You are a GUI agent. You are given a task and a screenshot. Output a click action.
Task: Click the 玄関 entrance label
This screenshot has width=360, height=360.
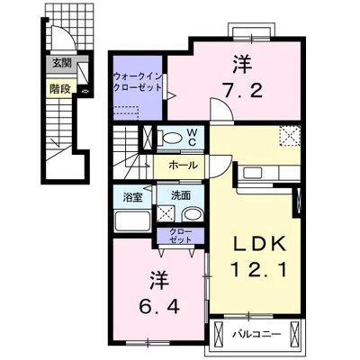[x=62, y=63]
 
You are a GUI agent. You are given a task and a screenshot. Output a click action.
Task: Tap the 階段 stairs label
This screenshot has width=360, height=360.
[x=60, y=89]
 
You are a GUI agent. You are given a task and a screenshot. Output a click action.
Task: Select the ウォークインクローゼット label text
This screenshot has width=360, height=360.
[x=138, y=82]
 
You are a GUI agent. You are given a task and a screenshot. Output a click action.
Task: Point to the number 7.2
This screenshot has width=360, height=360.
[x=242, y=90]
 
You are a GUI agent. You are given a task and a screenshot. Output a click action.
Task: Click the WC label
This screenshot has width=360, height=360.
[x=192, y=138]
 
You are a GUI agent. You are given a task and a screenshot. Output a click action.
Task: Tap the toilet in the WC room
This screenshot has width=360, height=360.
[x=170, y=138]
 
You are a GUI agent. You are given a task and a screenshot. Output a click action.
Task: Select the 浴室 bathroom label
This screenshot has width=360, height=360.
[x=132, y=198]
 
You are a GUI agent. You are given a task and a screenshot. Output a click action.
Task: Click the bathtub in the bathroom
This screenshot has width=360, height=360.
[x=132, y=221]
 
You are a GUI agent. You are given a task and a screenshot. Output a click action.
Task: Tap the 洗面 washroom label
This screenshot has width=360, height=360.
[x=181, y=195]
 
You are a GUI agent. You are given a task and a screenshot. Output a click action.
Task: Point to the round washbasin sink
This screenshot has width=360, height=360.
[x=193, y=214]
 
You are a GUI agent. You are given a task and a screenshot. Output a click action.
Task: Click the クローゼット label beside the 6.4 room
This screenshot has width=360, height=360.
[x=180, y=236]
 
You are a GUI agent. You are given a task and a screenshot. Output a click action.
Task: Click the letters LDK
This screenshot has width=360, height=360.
[x=259, y=246]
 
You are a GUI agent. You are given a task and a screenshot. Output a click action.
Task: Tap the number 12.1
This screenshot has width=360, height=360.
[x=258, y=269]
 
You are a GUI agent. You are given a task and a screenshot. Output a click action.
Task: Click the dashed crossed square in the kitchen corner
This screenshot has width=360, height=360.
[x=290, y=136]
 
